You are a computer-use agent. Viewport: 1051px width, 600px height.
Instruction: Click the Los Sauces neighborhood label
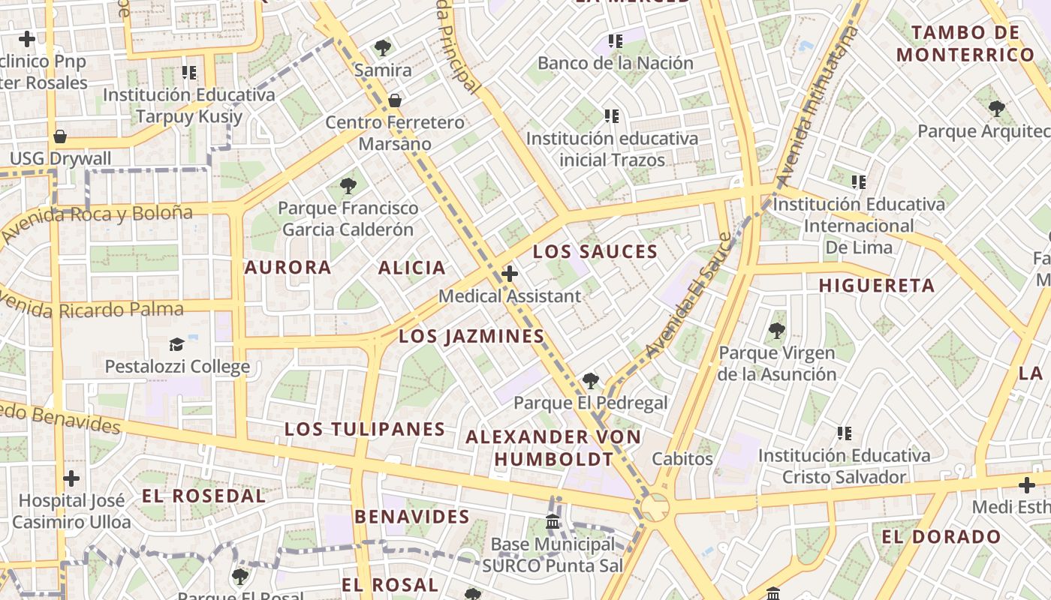click(595, 252)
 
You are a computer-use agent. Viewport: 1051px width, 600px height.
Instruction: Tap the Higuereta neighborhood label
click(876, 286)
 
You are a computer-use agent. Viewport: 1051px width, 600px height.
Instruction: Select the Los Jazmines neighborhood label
click(471, 337)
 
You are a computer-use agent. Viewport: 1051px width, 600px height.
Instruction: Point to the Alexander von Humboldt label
click(553, 448)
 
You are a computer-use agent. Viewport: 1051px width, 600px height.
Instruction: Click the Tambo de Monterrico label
click(965, 43)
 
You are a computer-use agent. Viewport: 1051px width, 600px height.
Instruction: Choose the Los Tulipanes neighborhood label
click(365, 430)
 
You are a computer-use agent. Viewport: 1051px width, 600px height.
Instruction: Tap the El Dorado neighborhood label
click(941, 537)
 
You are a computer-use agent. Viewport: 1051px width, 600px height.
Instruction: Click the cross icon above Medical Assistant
click(510, 274)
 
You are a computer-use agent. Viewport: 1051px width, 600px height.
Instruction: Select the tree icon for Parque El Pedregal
click(591, 381)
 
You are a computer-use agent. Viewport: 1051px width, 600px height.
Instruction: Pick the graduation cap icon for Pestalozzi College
click(176, 344)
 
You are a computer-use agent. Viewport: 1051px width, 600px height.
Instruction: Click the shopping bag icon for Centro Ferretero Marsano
click(394, 100)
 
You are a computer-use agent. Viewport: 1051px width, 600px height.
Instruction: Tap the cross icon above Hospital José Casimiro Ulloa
click(71, 478)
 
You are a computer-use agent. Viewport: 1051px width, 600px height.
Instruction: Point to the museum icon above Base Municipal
click(553, 521)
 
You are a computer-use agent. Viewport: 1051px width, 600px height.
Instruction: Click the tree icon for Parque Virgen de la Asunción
click(776, 330)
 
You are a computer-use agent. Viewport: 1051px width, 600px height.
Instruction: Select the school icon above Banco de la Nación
click(616, 41)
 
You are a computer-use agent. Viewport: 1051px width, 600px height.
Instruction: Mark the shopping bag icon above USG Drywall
click(60, 136)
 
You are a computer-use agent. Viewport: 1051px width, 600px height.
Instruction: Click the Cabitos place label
click(682, 459)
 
